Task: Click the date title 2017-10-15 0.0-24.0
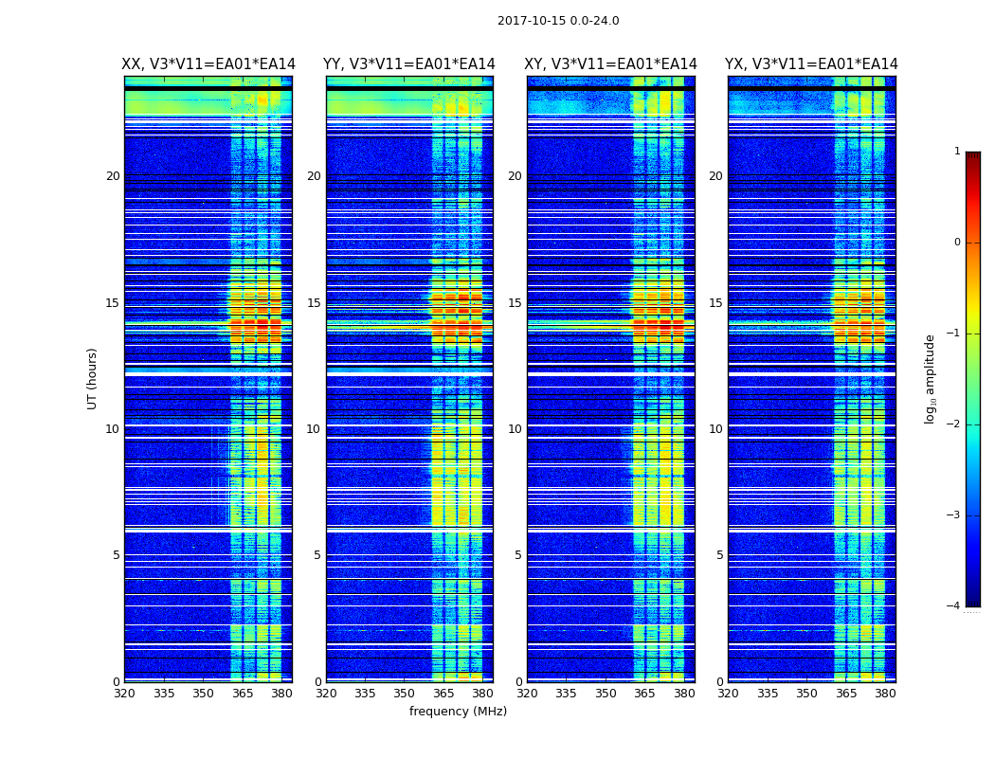point(558,21)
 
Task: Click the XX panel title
point(208,64)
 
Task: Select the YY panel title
point(409,64)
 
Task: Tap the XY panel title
point(610,64)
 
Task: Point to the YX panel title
point(811,64)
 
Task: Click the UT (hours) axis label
point(93,378)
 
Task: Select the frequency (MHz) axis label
point(458,712)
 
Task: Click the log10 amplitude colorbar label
point(931,378)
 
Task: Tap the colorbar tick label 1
point(956,152)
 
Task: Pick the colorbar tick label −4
point(954,606)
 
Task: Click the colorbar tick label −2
point(954,424)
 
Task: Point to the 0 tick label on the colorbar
point(956,243)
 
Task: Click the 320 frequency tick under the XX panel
point(124,694)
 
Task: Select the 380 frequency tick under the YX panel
point(885,694)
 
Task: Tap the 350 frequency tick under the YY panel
point(405,694)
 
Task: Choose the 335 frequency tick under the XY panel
point(567,694)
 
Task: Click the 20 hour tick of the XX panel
point(113,176)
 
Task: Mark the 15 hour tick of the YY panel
point(314,303)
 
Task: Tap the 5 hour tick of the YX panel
point(719,555)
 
